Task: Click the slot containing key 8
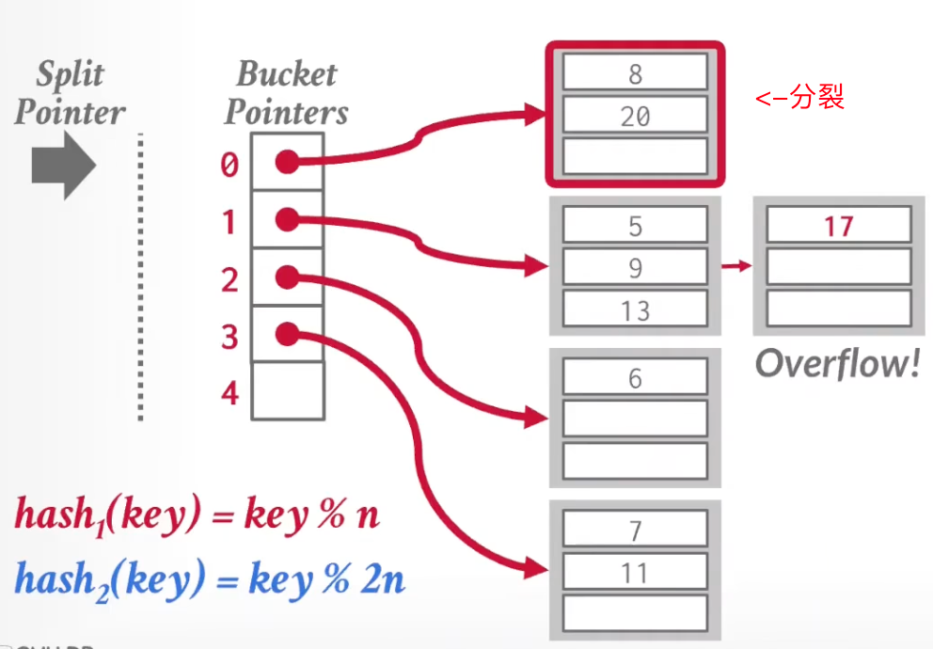[x=635, y=72]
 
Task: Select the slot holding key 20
[x=635, y=116]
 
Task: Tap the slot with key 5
[x=635, y=226]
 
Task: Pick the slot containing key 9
[x=635, y=267]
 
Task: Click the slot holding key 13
[x=635, y=309]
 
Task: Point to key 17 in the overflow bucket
[x=838, y=226]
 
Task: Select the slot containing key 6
[x=635, y=378]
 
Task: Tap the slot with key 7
[x=635, y=530]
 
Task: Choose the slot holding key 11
[x=635, y=572]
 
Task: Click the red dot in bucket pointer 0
[x=287, y=163]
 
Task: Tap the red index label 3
[x=229, y=336]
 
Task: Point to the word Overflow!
[x=837, y=363]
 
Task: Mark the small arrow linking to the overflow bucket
[x=736, y=266]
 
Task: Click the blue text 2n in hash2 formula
[x=383, y=579]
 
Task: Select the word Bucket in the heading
[x=286, y=74]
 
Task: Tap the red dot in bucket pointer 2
[x=287, y=277]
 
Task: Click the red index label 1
[x=229, y=222]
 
